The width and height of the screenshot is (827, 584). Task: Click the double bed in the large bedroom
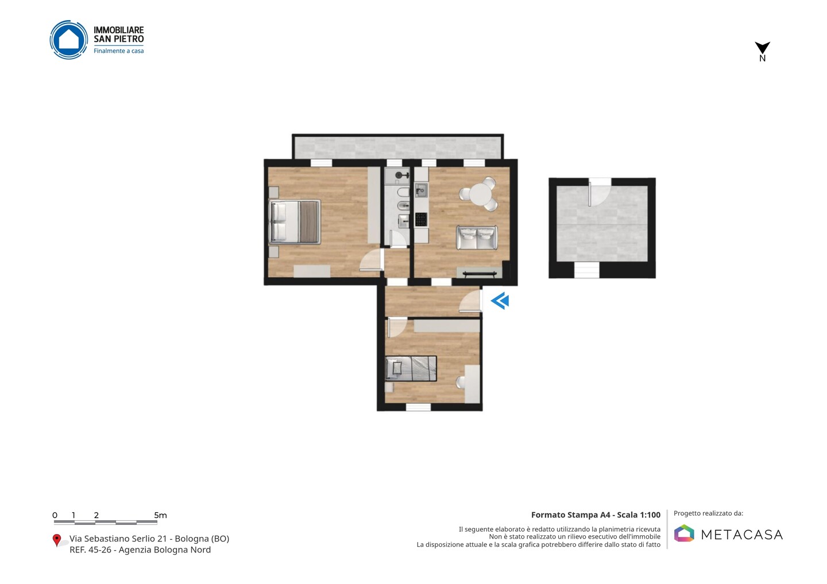coord(295,222)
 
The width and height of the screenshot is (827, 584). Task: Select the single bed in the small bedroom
coord(411,368)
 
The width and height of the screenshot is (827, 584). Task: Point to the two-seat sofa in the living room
coord(477,238)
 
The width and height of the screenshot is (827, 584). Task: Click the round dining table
coord(480,193)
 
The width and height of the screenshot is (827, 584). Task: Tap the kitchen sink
coord(421,190)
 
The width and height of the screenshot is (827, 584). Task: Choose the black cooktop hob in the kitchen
coord(421,219)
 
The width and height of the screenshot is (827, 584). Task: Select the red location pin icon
coord(56,540)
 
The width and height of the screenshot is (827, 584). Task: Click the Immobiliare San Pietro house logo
coord(69,40)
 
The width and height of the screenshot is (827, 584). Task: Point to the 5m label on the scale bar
coord(161,515)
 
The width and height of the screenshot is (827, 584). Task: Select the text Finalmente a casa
coord(118,51)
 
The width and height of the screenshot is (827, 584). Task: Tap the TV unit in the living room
coord(479,273)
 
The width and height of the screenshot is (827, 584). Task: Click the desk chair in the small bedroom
coord(461,383)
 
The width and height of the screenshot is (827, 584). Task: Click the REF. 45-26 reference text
coord(91,550)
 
